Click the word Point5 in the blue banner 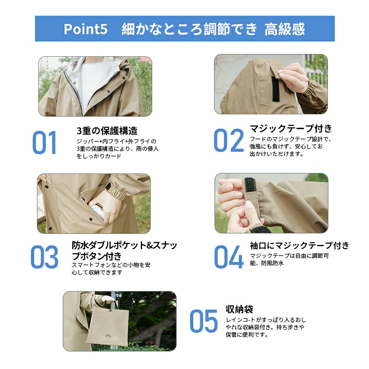coord(85,29)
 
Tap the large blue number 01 coord(44,143)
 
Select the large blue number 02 coord(228,140)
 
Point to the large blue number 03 coord(44,257)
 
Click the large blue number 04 coord(228,257)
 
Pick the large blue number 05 coord(204,321)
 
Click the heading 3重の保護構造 coord(107,131)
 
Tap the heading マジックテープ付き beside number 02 coord(291,129)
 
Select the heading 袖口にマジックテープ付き coord(299,245)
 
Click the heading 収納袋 coord(239,309)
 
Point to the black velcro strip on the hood coord(275,89)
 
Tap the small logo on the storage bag coord(108,335)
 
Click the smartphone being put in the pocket coord(98,212)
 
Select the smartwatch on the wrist coord(108,186)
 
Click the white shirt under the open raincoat coord(92,83)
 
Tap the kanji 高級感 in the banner coord(285,29)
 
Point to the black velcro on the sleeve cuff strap coord(250,185)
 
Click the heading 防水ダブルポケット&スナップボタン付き coord(124,250)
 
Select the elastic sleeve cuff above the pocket coord(117,193)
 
